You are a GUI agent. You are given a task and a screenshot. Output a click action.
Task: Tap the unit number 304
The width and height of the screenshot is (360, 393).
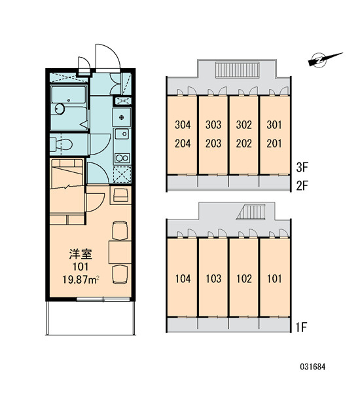183,125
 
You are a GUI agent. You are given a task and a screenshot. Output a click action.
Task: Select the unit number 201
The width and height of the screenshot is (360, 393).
274,143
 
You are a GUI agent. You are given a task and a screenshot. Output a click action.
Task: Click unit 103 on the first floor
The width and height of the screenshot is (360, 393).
213,279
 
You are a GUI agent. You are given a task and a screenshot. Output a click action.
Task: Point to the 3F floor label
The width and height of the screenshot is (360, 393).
302,168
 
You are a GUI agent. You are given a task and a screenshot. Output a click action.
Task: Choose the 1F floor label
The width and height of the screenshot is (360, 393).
301,327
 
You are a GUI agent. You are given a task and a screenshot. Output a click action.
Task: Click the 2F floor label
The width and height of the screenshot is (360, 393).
302,186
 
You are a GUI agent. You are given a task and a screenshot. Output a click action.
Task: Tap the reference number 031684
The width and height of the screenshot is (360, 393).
313,367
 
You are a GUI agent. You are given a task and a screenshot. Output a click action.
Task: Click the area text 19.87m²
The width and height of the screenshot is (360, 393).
81,280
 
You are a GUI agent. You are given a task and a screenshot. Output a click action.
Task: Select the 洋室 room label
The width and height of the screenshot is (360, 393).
81,254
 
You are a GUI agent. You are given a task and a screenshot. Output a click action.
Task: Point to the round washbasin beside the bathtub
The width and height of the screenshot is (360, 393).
60,109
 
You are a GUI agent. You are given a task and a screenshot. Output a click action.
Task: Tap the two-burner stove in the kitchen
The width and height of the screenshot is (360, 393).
122,158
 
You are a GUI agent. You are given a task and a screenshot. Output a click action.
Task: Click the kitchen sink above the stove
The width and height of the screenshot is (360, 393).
122,134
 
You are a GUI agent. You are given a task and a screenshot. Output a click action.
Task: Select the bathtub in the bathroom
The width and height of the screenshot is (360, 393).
69,94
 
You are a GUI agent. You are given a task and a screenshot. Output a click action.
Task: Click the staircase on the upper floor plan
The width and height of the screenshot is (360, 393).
237,70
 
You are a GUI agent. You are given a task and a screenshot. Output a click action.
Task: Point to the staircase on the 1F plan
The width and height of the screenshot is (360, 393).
251,212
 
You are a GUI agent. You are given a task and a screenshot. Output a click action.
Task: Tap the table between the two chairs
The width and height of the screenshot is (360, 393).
120,252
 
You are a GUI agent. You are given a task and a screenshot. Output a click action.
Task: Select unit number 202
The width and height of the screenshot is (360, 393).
243,143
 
